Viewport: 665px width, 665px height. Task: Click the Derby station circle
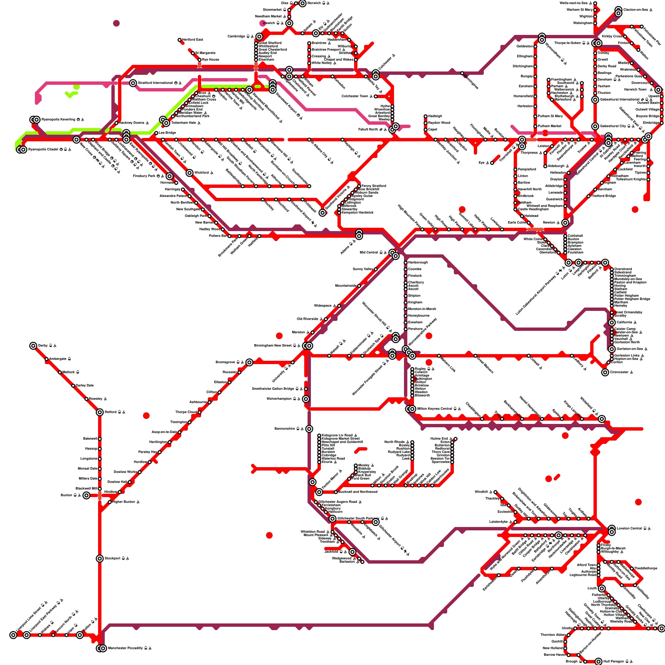tap(33, 346)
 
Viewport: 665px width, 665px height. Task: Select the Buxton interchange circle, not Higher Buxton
tap(86, 495)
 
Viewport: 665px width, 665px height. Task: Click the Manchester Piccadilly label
tap(125, 648)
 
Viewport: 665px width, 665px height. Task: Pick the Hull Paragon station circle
tap(598, 662)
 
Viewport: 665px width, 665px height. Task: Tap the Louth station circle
tap(602, 589)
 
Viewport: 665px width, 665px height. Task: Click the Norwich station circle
tap(303, 3)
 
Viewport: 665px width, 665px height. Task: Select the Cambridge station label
tap(237, 37)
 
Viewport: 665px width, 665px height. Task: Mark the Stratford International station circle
tap(133, 83)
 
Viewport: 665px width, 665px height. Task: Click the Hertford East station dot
tap(180, 40)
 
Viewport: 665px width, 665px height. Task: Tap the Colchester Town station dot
tap(376, 96)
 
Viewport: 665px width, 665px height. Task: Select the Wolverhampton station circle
tap(306, 399)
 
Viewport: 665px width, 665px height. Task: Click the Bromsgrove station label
tap(225, 362)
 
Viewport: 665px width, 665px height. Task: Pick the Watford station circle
tap(190, 173)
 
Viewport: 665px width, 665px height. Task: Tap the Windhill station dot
tap(495, 492)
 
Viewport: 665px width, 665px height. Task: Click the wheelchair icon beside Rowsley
tap(106, 399)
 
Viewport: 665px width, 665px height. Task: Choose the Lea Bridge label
tap(167, 133)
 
